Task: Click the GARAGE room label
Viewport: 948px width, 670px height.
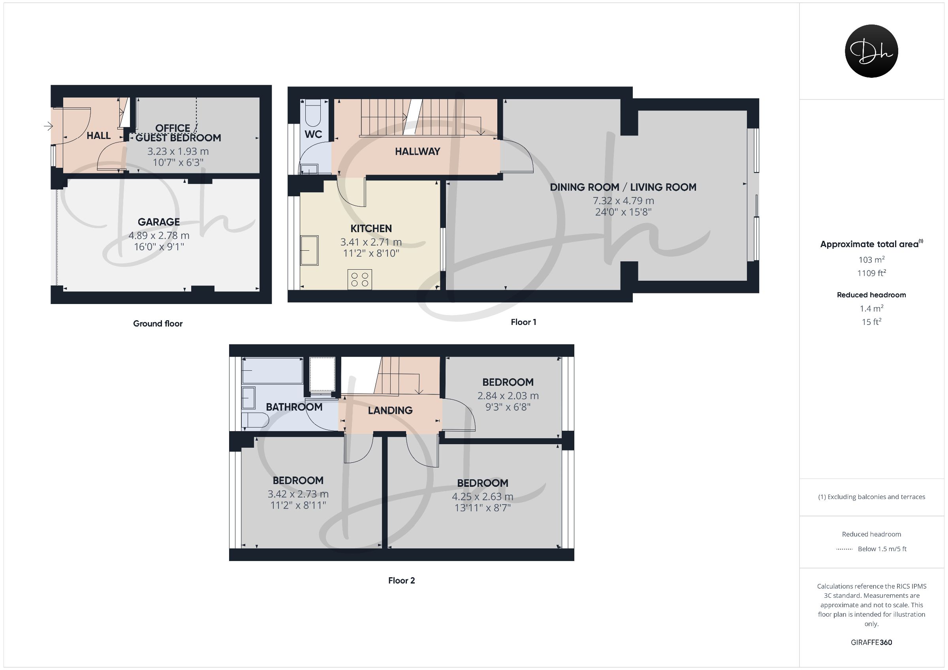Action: point(158,222)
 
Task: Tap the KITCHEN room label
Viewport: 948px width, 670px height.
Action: point(371,229)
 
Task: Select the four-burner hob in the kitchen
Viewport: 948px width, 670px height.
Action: point(359,279)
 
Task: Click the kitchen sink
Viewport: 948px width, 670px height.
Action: point(309,250)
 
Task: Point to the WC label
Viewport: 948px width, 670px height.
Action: point(313,134)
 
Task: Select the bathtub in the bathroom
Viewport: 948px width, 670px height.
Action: point(272,371)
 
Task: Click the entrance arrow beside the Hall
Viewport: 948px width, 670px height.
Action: point(48,126)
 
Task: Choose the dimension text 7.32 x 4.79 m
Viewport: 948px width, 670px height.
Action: point(623,201)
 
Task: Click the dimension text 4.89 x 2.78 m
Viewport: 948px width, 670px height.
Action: point(159,236)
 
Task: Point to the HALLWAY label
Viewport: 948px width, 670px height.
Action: point(418,152)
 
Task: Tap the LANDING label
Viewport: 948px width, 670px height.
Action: point(390,410)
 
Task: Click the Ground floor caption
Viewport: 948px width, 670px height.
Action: point(158,324)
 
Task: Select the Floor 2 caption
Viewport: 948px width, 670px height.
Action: point(401,580)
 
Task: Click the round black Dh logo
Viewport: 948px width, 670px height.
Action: point(871,51)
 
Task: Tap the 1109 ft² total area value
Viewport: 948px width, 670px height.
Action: point(871,273)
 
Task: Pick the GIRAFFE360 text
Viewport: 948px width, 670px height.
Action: point(871,642)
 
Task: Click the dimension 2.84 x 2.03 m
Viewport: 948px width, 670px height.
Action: point(508,396)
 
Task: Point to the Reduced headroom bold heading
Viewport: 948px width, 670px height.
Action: point(871,295)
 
